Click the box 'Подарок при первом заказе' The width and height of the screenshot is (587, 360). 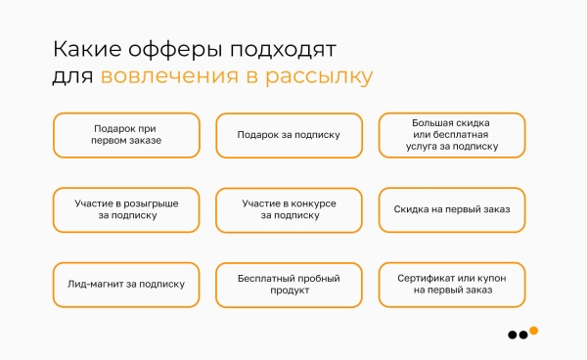pos(127,135)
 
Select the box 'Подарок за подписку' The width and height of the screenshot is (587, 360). pos(289,135)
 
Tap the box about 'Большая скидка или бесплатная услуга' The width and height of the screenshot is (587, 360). pos(452,135)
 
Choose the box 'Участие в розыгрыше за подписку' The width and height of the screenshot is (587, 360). pos(127,209)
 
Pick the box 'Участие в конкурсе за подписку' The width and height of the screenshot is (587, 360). pos(289,209)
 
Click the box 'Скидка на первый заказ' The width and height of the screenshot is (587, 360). pos(452,209)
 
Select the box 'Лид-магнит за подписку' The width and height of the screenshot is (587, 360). pos(127,285)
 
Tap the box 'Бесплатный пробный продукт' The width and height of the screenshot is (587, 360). pos(289,285)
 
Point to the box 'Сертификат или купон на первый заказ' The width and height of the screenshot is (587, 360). pos(452,285)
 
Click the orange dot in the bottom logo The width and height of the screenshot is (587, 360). pos(534,330)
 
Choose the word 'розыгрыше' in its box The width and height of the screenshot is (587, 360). pos(154,203)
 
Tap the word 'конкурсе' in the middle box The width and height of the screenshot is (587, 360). pos(312,203)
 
